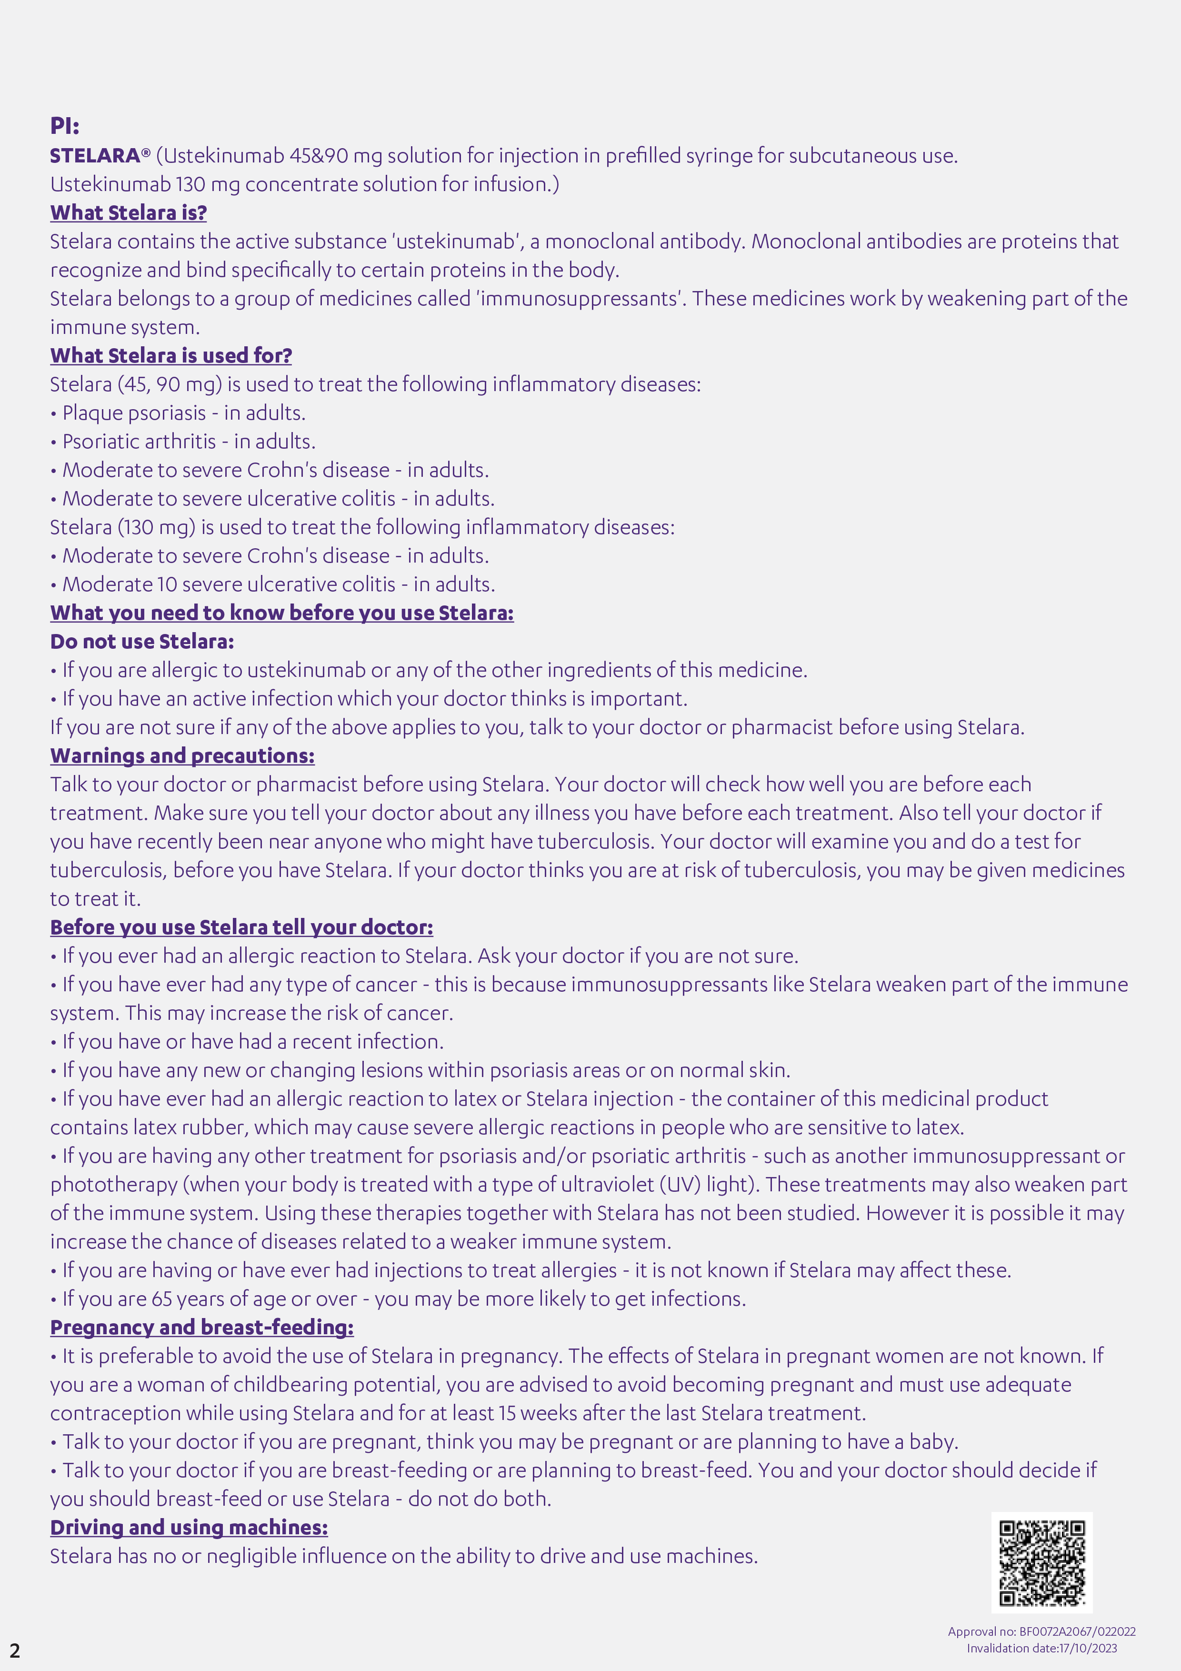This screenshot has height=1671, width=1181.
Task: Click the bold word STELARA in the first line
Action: [95, 156]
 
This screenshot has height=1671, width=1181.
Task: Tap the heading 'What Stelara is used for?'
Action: [171, 355]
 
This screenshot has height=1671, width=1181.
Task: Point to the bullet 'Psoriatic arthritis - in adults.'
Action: [189, 441]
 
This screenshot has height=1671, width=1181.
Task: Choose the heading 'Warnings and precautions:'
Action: [182, 755]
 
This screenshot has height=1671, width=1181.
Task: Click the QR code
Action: [1041, 1562]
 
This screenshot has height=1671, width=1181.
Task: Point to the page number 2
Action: [15, 1650]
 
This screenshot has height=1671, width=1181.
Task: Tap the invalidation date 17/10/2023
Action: [1088, 1649]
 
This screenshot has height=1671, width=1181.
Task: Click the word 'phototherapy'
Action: [113, 1184]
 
